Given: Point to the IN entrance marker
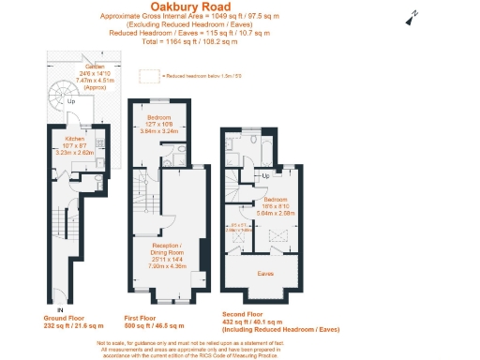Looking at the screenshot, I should [60, 308].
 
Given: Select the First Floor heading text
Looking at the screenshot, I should [145, 317].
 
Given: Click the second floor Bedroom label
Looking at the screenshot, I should [277, 201].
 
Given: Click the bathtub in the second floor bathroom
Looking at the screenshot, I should [263, 147].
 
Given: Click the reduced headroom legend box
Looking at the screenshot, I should [147, 74].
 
